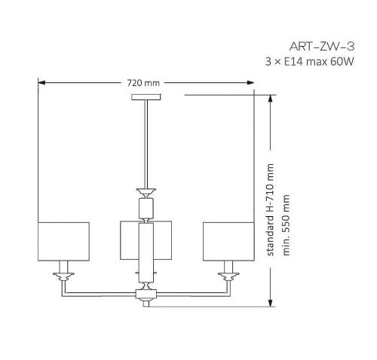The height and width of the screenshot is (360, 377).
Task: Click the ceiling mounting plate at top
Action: (146, 98)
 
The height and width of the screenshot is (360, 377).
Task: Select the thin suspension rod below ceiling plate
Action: (146, 143)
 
